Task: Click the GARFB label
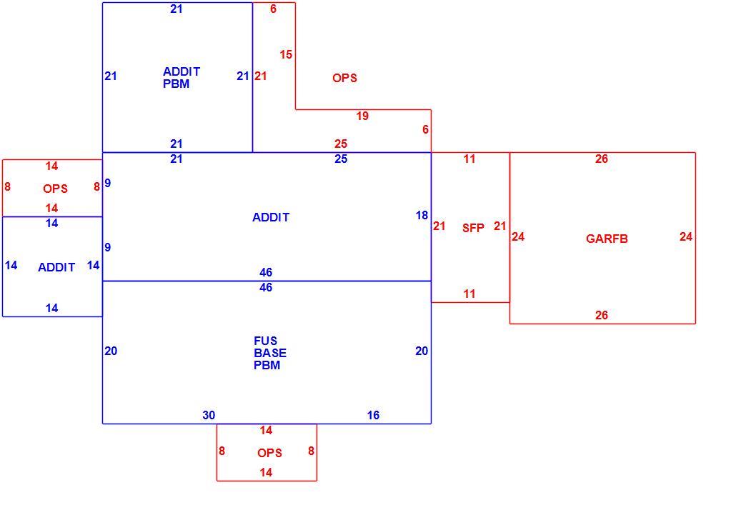607,239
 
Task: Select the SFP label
473,228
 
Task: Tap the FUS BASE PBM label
270,353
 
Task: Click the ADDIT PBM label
181,77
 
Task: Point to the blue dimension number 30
209,415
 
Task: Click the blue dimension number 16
373,415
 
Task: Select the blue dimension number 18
422,215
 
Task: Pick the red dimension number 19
362,116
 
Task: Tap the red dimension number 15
286,54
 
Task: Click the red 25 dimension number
341,144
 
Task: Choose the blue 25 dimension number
341,159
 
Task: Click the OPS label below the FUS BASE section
269,454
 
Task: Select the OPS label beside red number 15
344,78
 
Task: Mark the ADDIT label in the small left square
56,267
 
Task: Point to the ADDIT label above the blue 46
271,217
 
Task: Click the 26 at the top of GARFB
601,159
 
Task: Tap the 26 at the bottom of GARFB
601,315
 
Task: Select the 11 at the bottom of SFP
469,294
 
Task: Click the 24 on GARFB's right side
686,237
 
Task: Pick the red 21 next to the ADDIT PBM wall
261,76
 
